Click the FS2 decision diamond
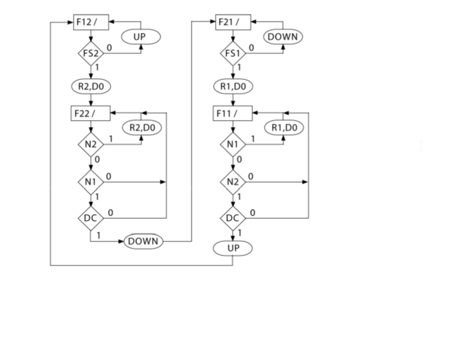(x=90, y=53)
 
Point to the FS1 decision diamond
(x=232, y=53)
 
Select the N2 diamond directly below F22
(x=90, y=145)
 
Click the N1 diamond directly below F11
(x=232, y=145)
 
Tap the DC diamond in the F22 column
(x=90, y=218)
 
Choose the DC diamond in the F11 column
(x=232, y=218)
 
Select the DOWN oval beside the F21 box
(x=283, y=37)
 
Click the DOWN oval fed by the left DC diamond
(x=143, y=242)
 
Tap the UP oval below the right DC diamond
(x=233, y=248)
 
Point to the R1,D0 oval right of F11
(x=284, y=128)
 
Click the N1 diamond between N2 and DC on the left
(x=90, y=182)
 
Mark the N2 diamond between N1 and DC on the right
(x=232, y=182)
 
